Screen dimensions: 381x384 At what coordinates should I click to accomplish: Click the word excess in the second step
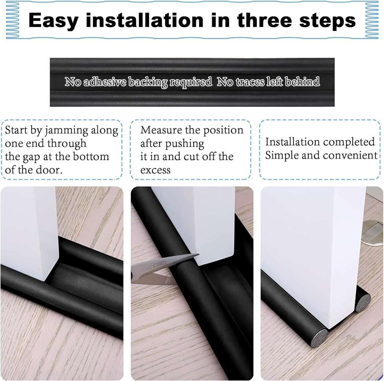pyautogui.click(x=155, y=170)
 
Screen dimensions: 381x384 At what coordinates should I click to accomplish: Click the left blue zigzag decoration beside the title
pyautogui.click(x=13, y=20)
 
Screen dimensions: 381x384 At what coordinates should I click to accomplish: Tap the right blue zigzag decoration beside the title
pyautogui.click(x=371, y=20)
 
